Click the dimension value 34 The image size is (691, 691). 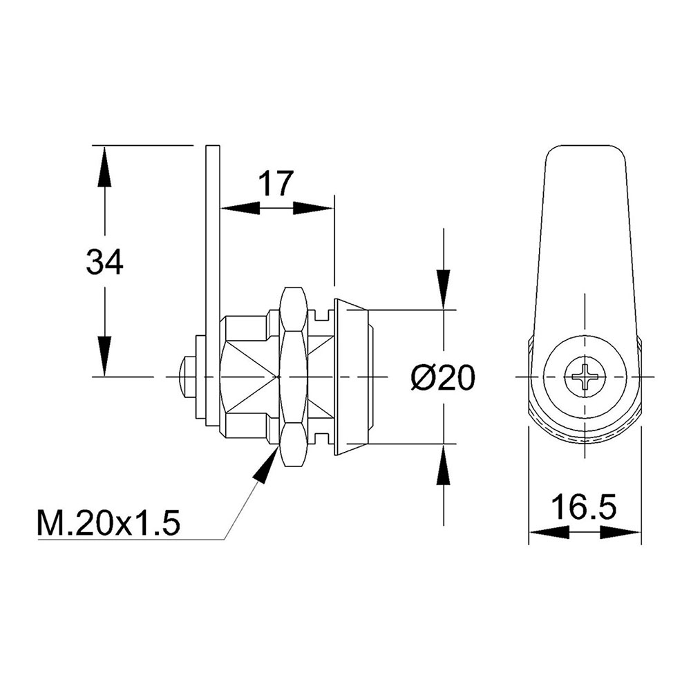click(105, 263)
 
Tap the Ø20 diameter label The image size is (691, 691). click(443, 378)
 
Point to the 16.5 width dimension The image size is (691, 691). click(584, 507)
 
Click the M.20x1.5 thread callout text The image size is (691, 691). click(109, 524)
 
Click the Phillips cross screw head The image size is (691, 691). click(585, 377)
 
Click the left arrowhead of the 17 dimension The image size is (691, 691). click(240, 209)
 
